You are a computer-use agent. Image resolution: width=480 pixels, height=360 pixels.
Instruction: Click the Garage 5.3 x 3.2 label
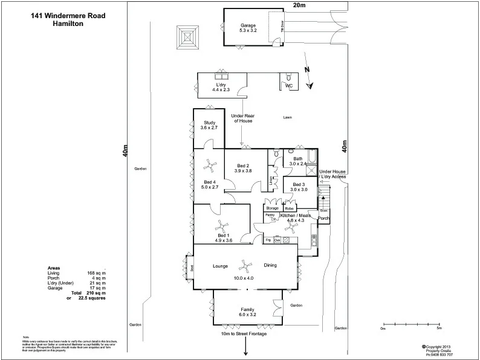point(248,27)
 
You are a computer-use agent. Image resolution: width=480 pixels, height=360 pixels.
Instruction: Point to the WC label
point(289,86)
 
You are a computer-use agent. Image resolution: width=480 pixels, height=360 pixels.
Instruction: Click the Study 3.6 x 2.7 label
point(209,125)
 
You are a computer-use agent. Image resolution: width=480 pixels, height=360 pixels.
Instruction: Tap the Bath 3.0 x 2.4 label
point(298,161)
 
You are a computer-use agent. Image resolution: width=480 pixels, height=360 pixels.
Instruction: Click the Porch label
point(323,218)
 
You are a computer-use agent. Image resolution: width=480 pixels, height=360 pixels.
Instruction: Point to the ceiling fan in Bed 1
point(221,228)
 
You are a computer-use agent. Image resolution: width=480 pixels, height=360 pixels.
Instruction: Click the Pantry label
point(270,215)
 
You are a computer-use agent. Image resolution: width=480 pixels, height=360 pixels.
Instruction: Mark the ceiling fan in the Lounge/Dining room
point(245,264)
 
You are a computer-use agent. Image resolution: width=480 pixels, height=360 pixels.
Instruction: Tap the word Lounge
point(219,265)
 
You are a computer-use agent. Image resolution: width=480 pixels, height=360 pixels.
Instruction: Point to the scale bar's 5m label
point(439,328)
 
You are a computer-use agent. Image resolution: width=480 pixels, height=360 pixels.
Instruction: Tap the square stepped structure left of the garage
point(188,37)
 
